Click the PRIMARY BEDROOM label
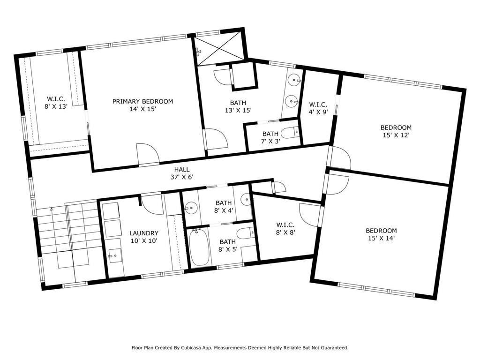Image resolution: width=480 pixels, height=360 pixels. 142,101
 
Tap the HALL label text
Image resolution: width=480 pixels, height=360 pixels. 182,169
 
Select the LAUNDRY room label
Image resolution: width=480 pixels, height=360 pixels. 144,233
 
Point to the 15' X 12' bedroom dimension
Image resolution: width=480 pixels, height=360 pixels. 396,135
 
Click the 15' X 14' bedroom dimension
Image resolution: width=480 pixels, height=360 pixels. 382,238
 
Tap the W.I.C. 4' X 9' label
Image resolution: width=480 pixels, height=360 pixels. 318,108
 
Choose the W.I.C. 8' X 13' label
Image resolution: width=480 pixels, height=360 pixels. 56,103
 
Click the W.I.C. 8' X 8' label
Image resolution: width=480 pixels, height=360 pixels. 285,229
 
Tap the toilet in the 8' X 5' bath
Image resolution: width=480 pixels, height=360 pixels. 246,234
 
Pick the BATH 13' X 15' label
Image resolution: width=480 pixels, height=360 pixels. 238,106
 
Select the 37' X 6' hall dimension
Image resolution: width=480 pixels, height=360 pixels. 182,177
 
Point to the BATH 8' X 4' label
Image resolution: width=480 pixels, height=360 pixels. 224,207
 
